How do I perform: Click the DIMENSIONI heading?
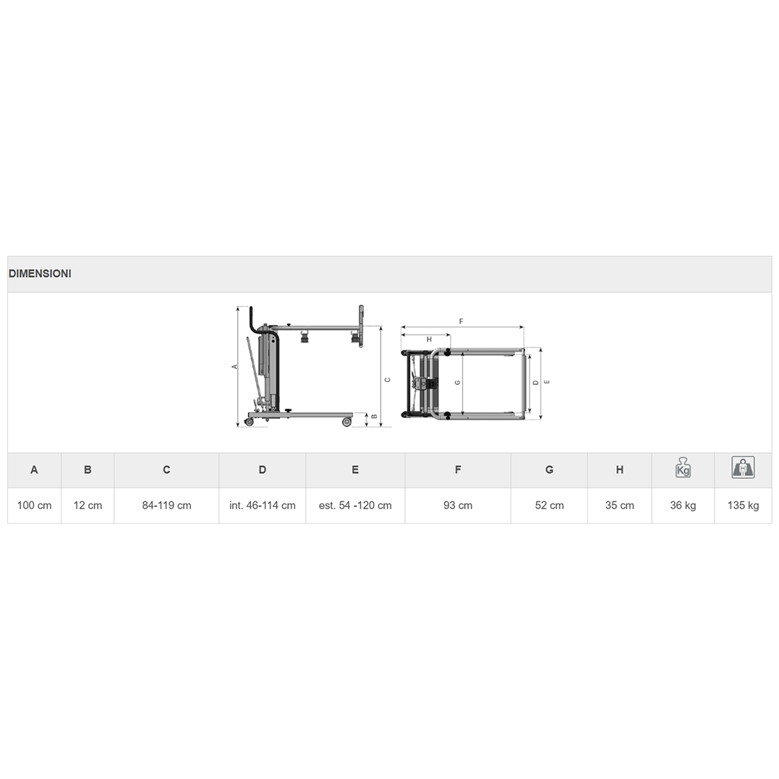pos(40,274)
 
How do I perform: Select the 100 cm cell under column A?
pos(34,506)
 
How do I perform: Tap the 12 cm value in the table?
pos(88,506)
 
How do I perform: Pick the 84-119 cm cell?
pos(166,506)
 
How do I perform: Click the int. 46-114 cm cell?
pos(262,506)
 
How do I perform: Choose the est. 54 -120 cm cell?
pos(355,506)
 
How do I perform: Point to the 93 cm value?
pos(458,506)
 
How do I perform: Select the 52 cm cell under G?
pos(549,506)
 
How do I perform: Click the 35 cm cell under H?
pos(619,506)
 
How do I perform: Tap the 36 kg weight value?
pos(683,506)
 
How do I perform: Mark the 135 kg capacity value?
pos(743,506)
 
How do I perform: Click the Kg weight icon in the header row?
pos(683,468)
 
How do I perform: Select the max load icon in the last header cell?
pos(743,467)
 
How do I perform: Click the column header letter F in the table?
pos(458,470)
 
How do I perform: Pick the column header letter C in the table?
pos(166,470)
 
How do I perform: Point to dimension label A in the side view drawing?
pos(234,367)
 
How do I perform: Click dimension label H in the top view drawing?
pos(429,339)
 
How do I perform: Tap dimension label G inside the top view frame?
pos(457,383)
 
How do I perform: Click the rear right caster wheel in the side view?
pos(346,422)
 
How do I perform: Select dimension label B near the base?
pos(374,417)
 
